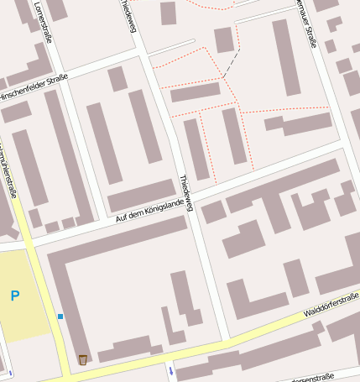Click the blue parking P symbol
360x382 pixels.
[x=14, y=296]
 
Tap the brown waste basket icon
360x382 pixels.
[x=82, y=360]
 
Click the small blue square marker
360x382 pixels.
[x=60, y=316]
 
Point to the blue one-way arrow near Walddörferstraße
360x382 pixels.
[x=171, y=370]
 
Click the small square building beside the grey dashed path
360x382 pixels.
[x=223, y=39]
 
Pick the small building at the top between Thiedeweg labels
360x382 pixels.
[x=169, y=13]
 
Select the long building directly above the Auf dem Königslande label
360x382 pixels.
[x=140, y=196]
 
